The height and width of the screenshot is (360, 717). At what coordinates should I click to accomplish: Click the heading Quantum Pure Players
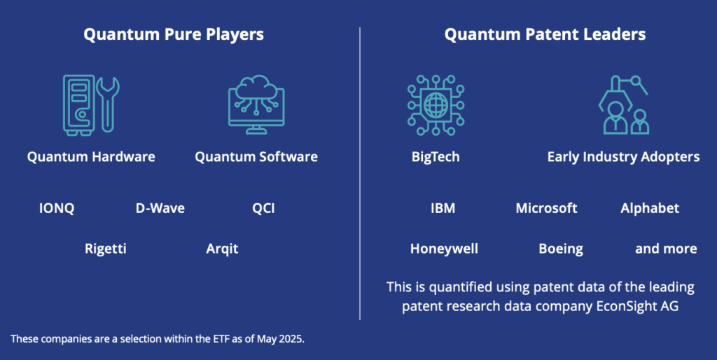174,35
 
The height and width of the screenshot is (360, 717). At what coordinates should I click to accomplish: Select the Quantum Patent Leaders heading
545,35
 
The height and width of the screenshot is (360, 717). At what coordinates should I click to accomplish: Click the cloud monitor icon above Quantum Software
256,104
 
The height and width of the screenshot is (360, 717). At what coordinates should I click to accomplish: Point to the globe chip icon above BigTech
436,105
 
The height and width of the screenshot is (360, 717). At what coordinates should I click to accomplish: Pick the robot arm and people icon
623,105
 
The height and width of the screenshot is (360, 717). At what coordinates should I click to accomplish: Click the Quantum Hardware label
91,157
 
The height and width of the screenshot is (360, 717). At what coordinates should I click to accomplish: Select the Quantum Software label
256,157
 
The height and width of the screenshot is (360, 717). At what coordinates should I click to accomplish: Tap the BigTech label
436,158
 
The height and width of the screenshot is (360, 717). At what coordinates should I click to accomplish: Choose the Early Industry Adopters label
623,158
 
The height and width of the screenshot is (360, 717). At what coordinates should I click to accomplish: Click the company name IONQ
57,209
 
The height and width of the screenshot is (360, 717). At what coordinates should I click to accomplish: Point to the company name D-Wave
160,208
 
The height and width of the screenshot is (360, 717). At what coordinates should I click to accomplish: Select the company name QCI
263,209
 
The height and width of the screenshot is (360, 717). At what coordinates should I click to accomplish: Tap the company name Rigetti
106,249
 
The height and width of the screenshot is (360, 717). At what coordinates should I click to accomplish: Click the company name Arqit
222,249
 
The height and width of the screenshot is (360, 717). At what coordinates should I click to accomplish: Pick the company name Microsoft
546,208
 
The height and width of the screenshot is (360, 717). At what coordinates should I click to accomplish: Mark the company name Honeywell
444,249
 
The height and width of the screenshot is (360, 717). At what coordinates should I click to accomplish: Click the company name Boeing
561,249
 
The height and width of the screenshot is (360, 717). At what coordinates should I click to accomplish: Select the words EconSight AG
637,306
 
